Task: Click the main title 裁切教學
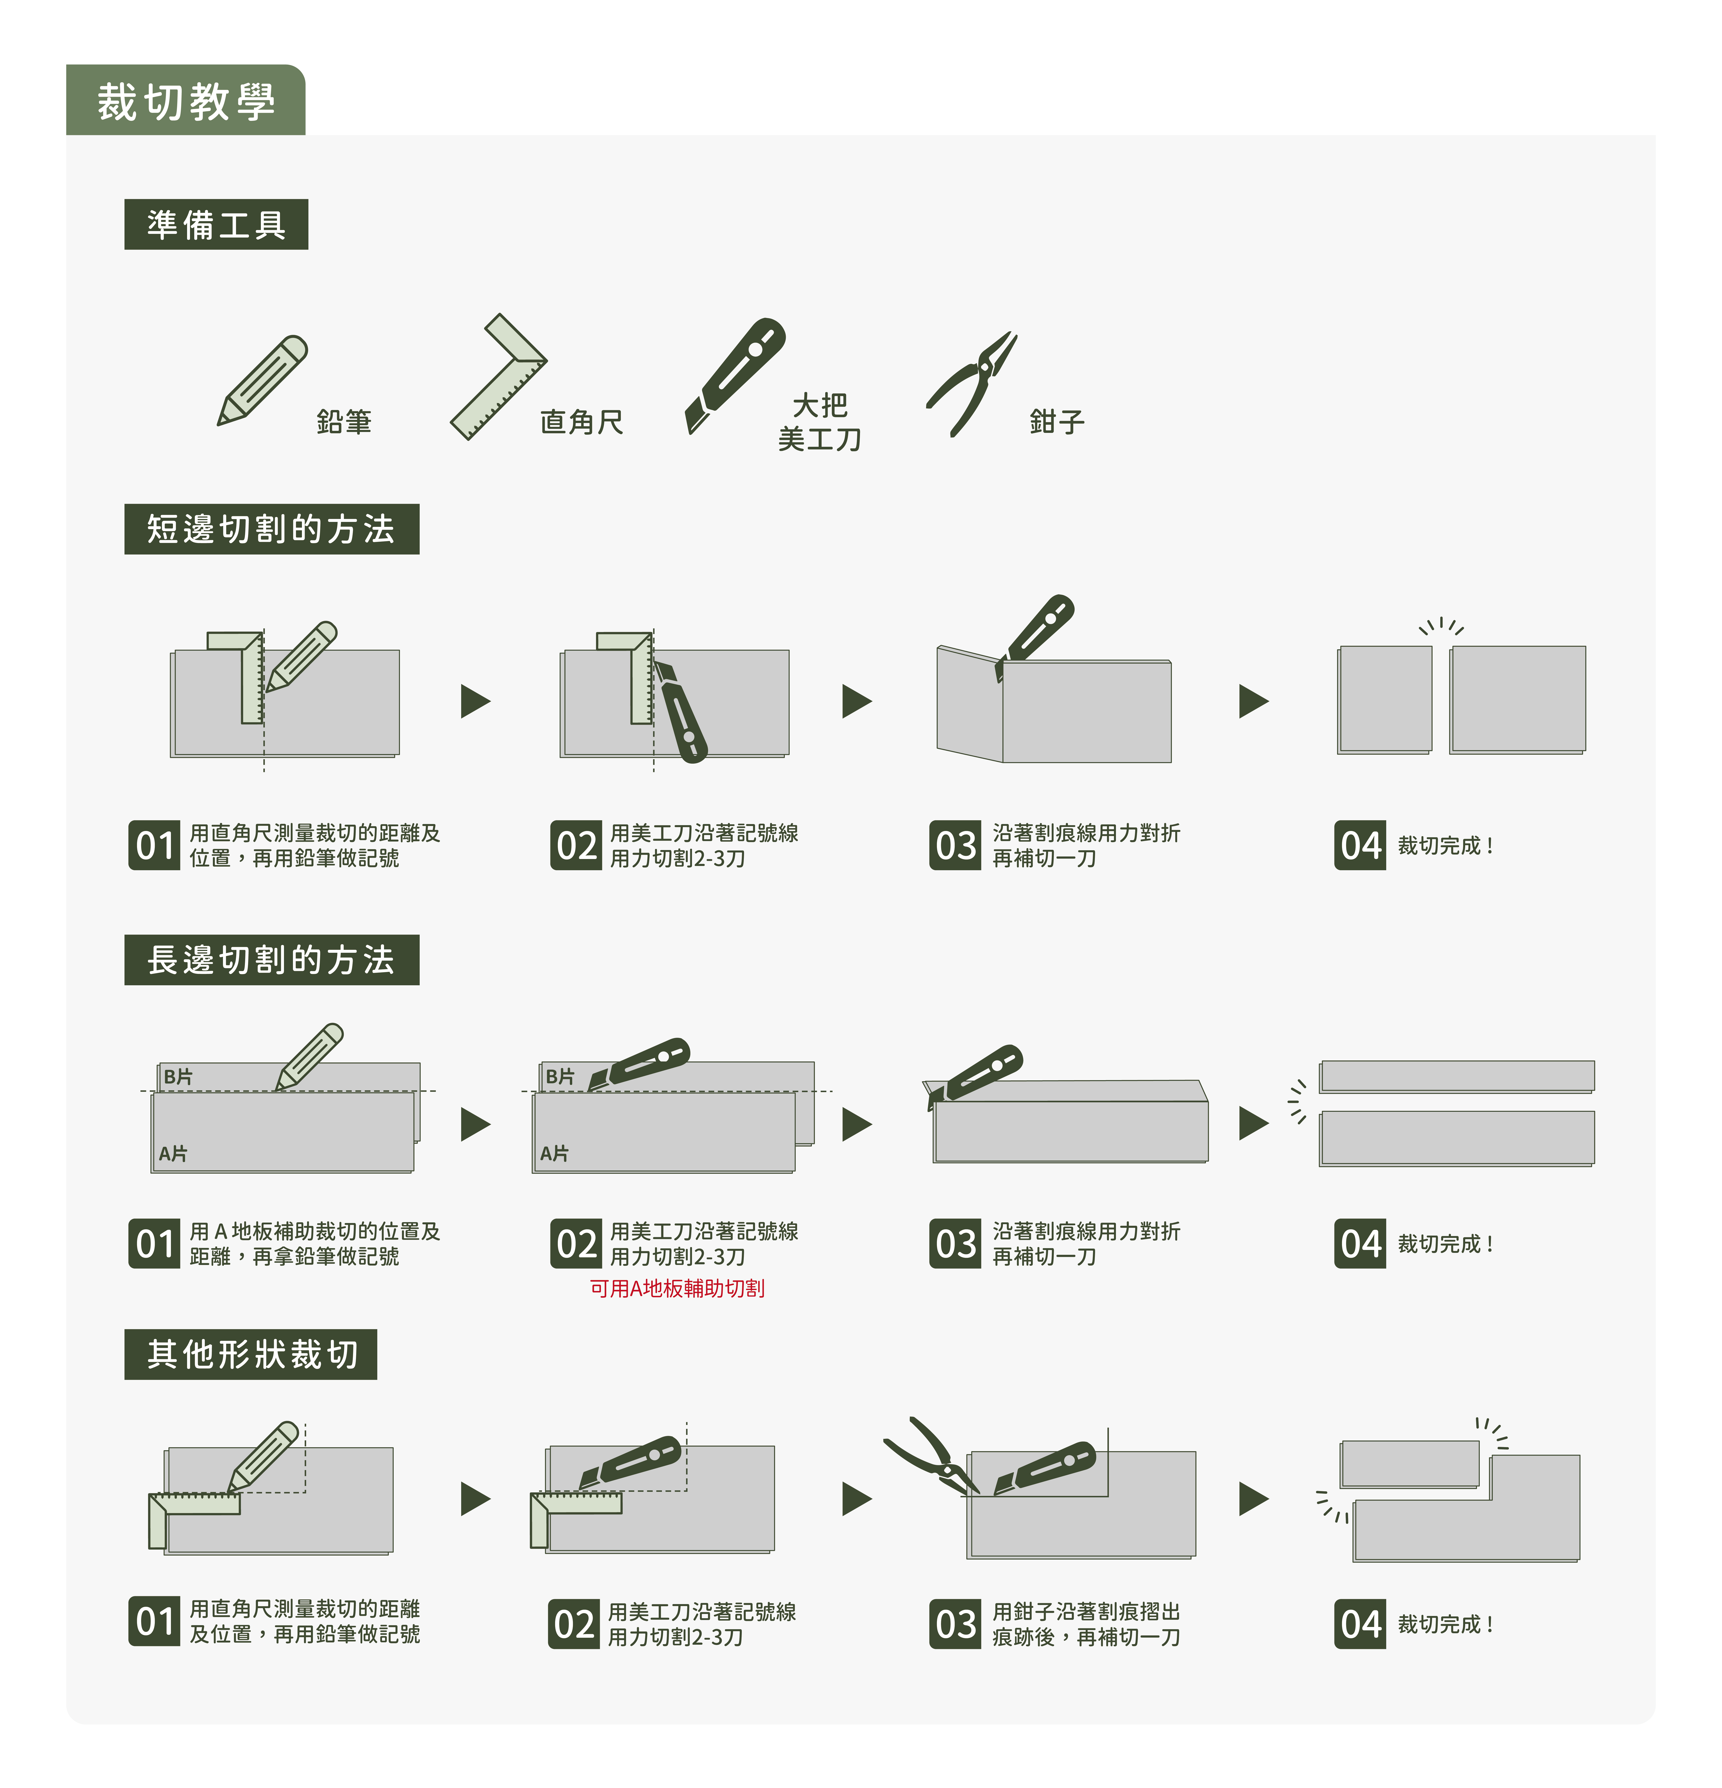[186, 101]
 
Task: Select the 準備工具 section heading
[216, 225]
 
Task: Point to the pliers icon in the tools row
[973, 383]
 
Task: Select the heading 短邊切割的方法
[271, 529]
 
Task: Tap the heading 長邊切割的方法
[271, 960]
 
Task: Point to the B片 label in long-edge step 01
[178, 1076]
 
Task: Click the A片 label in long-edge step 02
[554, 1154]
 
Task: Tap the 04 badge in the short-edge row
[1360, 846]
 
